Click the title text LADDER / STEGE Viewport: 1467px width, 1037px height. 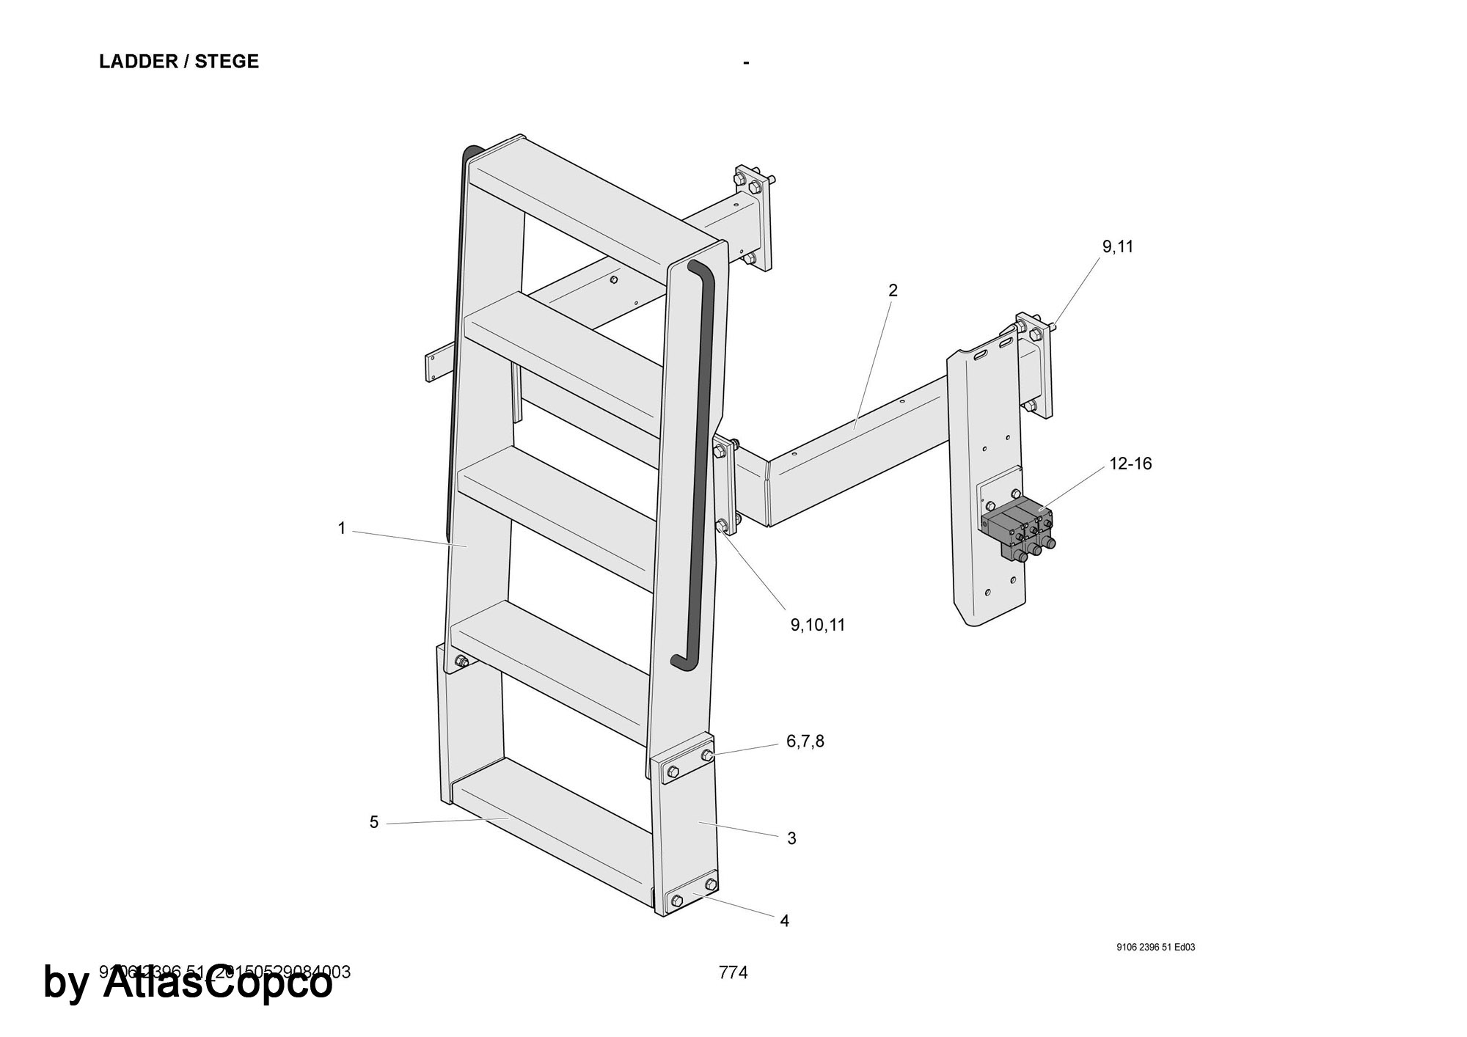[x=179, y=62]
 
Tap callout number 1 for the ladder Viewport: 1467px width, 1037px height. [x=341, y=528]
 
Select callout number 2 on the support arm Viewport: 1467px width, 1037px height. [x=893, y=290]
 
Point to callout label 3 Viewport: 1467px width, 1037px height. [x=791, y=838]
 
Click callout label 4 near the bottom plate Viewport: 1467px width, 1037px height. [x=784, y=920]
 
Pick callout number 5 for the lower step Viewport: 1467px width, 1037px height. [x=374, y=822]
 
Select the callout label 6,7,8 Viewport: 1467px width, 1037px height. [x=805, y=741]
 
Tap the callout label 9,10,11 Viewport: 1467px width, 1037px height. [x=817, y=625]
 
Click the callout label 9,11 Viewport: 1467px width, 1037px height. [x=1117, y=247]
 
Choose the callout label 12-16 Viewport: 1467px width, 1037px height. [x=1130, y=463]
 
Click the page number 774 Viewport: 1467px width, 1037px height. [x=733, y=972]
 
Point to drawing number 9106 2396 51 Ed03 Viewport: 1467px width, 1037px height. [x=1155, y=947]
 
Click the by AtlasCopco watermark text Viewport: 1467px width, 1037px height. [x=188, y=983]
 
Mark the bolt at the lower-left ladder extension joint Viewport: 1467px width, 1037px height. [x=461, y=662]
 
